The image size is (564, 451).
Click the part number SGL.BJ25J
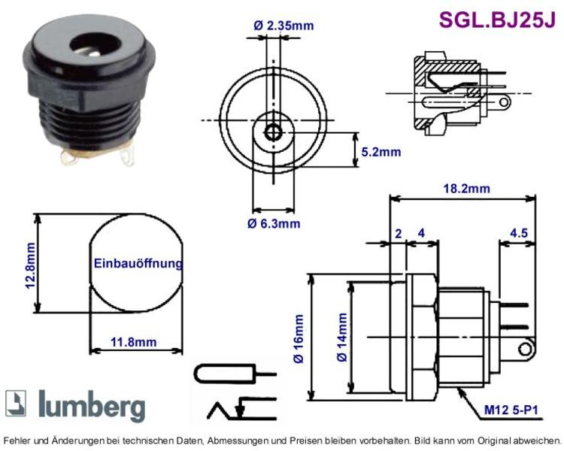tap(498, 20)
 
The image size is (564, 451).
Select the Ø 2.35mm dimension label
tap(284, 26)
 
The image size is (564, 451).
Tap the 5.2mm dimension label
tap(381, 152)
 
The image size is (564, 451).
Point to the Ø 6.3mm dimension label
tap(274, 223)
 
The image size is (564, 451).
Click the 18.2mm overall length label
tap(466, 189)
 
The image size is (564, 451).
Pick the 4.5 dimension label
tap(519, 233)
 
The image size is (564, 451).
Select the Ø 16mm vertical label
tap(299, 339)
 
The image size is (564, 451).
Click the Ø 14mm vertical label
tap(341, 337)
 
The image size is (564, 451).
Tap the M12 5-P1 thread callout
tap(511, 410)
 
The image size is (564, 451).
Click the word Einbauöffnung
tap(138, 263)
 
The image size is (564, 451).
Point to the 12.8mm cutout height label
tap(30, 265)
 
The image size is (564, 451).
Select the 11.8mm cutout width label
tap(133, 342)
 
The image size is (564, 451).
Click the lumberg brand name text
tap(92, 406)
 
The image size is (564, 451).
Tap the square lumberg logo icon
tap(16, 403)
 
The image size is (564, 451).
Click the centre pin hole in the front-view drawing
tap(274, 133)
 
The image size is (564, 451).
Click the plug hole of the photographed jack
tap(96, 45)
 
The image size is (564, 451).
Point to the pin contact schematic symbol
tap(235, 374)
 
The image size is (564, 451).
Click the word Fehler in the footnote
tap(16, 440)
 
